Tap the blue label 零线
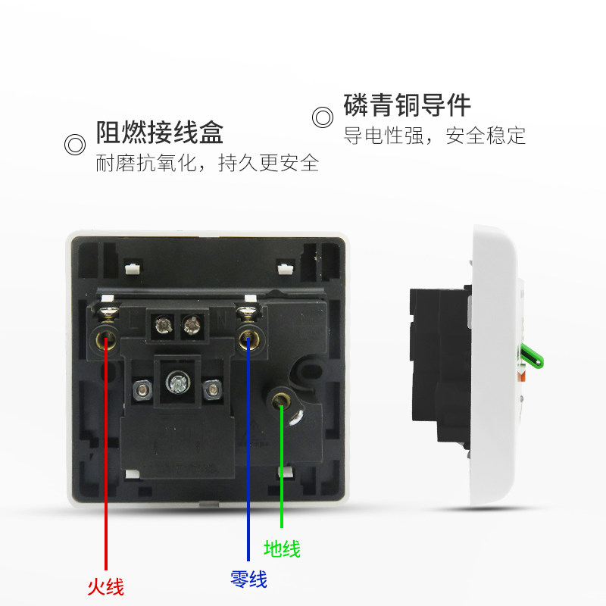point(248,580)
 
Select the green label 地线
point(282,548)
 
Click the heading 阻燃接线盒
point(159,133)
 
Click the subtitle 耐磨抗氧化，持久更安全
point(207,163)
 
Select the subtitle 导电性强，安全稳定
point(435,136)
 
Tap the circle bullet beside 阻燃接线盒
point(74,145)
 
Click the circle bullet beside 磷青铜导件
point(323,117)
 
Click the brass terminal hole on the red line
point(105,338)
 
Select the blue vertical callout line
point(248,454)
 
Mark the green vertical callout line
point(282,470)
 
